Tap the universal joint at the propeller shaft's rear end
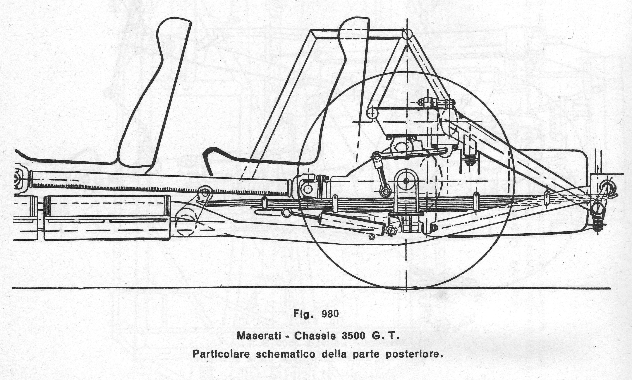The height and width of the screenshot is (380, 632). (307, 188)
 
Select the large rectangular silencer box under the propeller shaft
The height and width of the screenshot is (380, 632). (107, 218)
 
